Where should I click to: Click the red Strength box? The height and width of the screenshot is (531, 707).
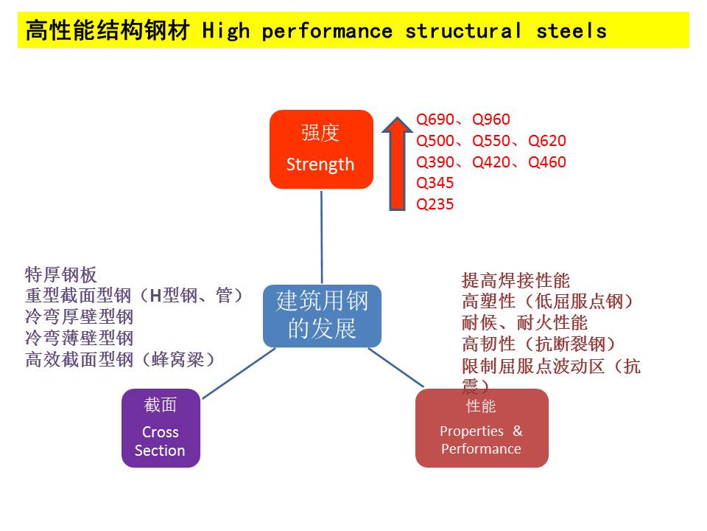pos(320,149)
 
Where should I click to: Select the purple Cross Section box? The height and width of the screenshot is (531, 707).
pos(160,428)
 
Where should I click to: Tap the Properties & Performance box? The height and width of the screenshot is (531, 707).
pos(481,428)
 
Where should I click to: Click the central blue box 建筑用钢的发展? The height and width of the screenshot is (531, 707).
pos(322,316)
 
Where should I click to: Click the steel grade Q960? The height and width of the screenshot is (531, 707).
pos(491,119)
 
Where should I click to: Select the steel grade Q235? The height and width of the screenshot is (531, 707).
pos(435,204)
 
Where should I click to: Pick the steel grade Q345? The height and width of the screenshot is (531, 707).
pos(435,183)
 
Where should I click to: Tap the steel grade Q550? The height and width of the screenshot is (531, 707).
pos(491,141)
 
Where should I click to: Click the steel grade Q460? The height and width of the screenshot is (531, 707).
pos(547,162)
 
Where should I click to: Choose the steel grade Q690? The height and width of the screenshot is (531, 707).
pos(435,119)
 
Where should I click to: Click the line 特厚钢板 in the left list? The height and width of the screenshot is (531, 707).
pos(61,275)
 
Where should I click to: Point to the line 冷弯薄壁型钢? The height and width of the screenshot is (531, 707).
pos(80,339)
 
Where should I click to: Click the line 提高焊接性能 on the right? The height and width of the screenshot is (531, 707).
pos(516,280)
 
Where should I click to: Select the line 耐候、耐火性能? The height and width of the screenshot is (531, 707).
pos(524,322)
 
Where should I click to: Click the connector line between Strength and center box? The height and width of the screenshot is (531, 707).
pos(322,236)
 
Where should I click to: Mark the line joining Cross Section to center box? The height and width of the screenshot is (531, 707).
pos(237,373)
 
